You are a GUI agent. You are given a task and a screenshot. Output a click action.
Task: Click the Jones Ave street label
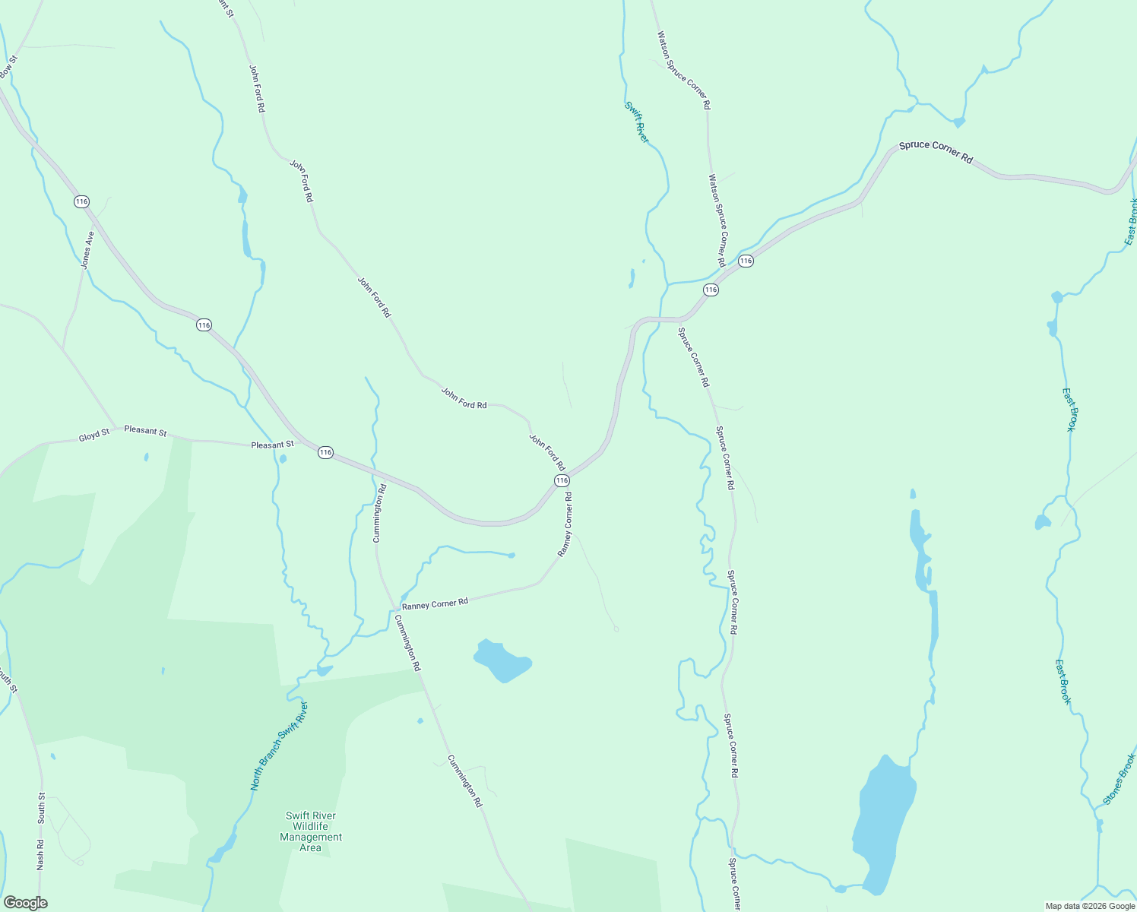click(x=87, y=249)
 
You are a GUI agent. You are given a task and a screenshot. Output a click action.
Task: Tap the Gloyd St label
click(x=94, y=435)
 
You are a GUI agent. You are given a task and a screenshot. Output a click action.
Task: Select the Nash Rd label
click(x=41, y=854)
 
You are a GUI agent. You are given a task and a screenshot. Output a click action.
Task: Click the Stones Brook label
click(x=1119, y=780)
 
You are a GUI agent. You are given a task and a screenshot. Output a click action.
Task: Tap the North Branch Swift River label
click(x=280, y=746)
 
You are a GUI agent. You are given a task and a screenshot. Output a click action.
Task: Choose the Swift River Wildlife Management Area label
click(x=311, y=831)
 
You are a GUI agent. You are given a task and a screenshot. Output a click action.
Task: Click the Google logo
click(x=25, y=903)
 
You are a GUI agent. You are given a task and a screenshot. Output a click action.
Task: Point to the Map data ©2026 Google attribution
click(x=1090, y=906)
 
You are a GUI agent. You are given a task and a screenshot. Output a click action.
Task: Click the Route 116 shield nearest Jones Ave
click(x=81, y=201)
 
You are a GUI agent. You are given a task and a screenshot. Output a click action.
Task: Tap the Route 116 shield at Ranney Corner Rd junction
click(x=562, y=480)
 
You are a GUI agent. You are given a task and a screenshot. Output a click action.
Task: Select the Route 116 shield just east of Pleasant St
click(x=325, y=452)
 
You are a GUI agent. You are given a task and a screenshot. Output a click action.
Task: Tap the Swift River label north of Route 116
click(x=637, y=122)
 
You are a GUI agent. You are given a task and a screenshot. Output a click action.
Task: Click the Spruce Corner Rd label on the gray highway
click(x=936, y=152)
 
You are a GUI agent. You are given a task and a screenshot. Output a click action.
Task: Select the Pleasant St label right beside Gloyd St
click(x=145, y=431)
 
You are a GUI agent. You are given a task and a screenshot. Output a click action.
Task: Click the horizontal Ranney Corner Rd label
click(x=435, y=603)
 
